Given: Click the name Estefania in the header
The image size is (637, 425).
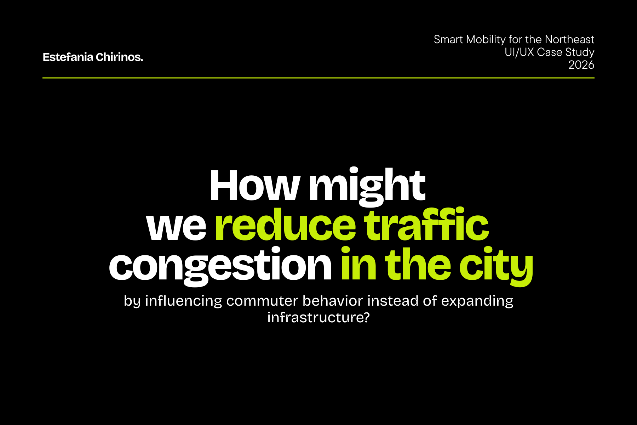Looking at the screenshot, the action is pyautogui.click(x=68, y=57).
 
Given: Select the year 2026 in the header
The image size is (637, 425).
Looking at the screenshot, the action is pyautogui.click(x=581, y=65).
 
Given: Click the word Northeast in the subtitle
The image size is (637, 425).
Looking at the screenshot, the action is pyautogui.click(x=569, y=39).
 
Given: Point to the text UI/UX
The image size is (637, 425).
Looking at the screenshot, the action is pyautogui.click(x=519, y=52).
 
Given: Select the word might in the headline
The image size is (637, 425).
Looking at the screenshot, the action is pyautogui.click(x=367, y=187).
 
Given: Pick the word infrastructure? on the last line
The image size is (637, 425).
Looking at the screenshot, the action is pyautogui.click(x=318, y=317).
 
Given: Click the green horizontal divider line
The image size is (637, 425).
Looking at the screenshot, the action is pyautogui.click(x=318, y=78).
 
